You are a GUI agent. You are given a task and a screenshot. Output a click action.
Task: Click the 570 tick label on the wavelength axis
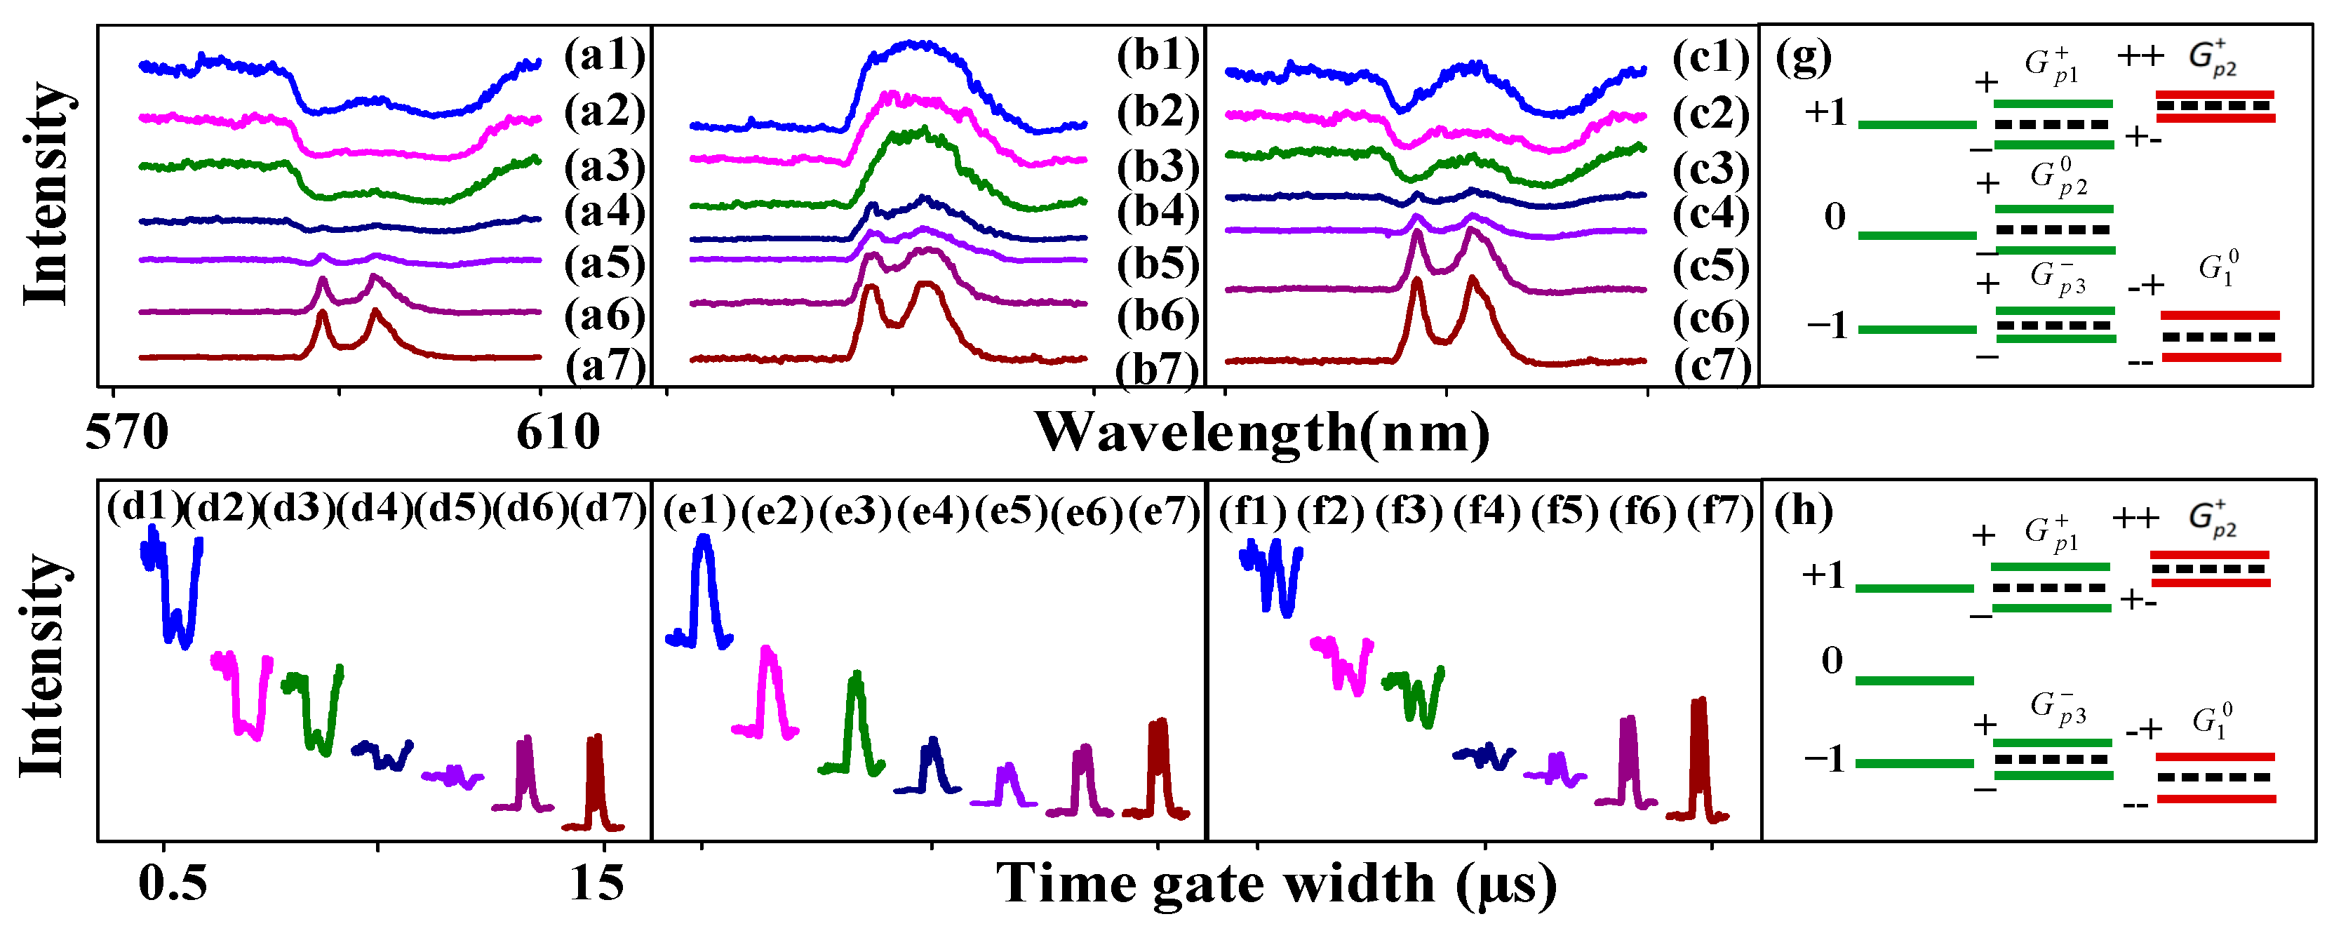[x=126, y=432]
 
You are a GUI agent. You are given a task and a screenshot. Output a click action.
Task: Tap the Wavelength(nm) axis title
[x=1261, y=432]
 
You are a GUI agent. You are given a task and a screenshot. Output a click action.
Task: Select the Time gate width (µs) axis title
[x=1275, y=882]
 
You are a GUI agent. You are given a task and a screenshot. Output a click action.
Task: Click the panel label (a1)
[x=604, y=56]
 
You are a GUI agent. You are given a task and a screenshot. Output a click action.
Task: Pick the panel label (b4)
[x=1157, y=212]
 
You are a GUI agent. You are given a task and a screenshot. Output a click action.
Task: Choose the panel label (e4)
[x=933, y=513]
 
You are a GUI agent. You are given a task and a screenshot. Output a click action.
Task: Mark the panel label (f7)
[x=1719, y=513]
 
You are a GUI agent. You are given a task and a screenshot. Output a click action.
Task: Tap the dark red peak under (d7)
[x=594, y=779]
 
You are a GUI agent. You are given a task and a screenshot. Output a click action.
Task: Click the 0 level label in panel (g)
[x=1834, y=217]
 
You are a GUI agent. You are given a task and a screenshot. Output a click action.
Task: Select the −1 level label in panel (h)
[x=1825, y=759]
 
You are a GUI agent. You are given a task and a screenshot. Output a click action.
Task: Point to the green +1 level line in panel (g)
[x=1917, y=124]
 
